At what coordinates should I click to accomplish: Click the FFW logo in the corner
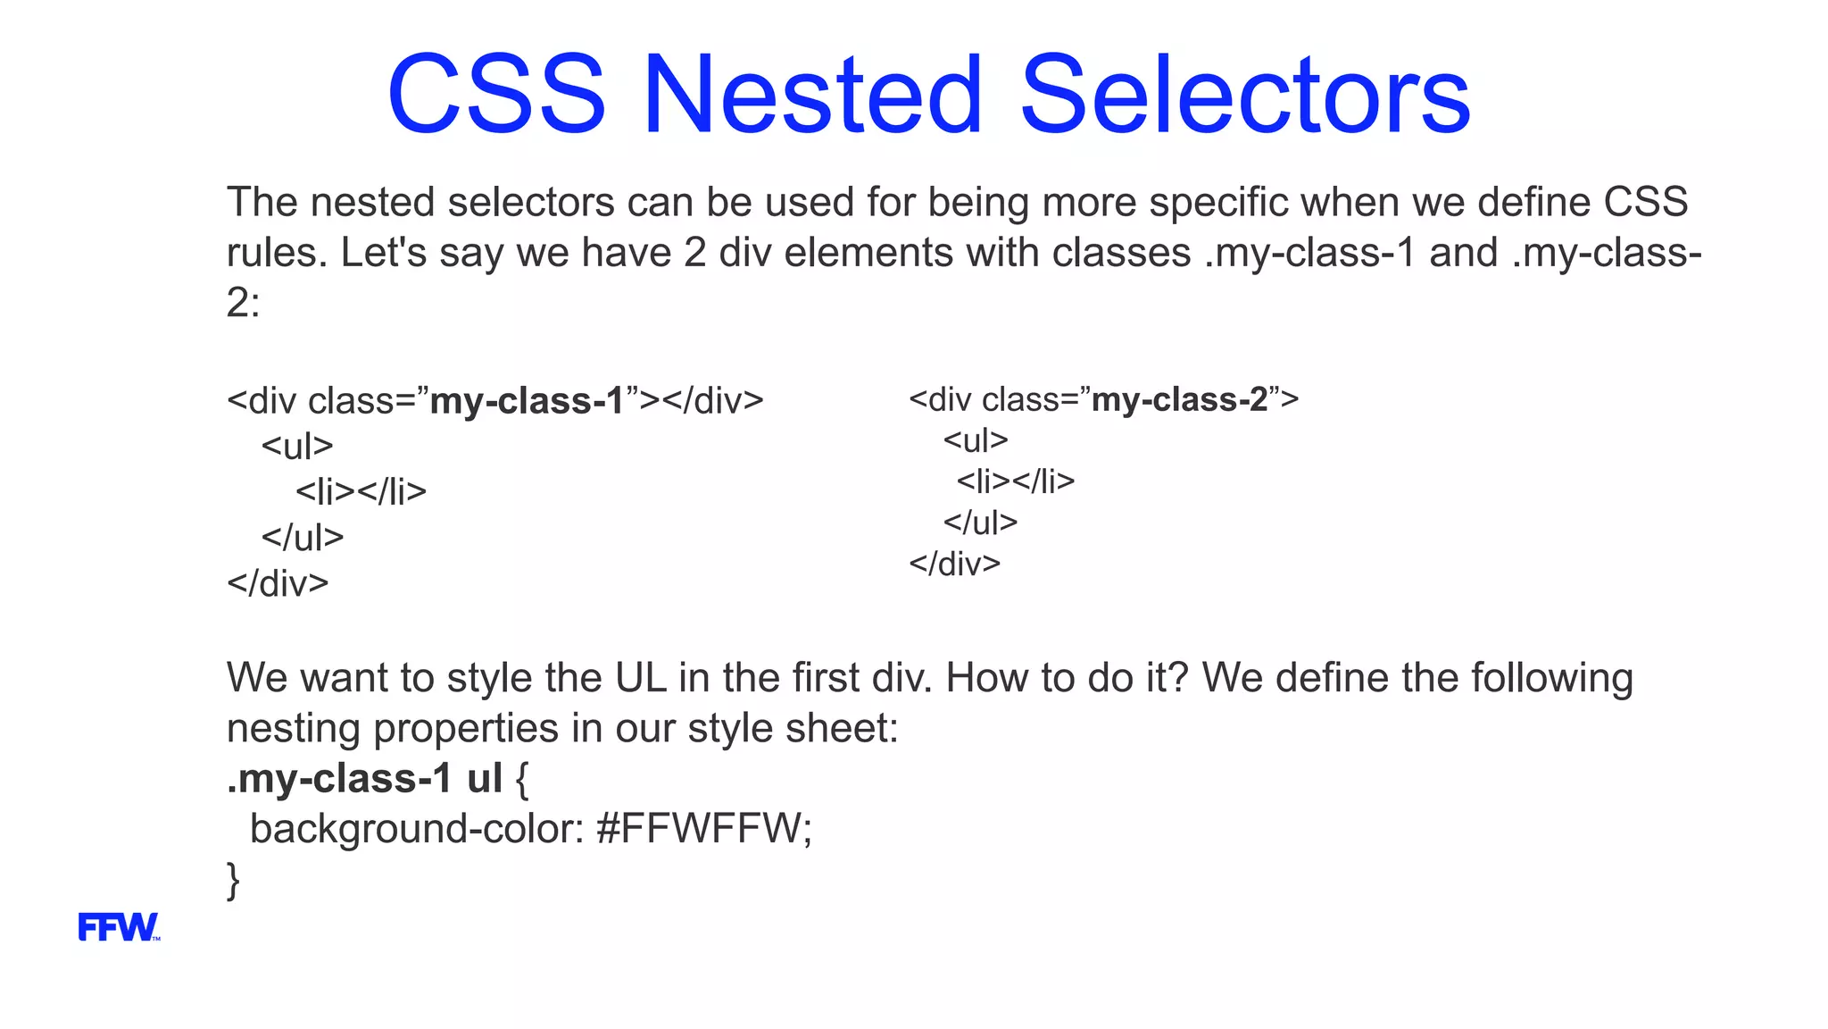click(x=119, y=927)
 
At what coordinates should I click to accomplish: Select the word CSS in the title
click(x=496, y=95)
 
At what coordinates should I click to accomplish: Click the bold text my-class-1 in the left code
click(x=527, y=401)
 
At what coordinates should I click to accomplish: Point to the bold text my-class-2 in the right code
click(x=1179, y=399)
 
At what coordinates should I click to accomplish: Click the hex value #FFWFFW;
click(x=704, y=829)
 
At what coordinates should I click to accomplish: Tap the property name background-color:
click(x=417, y=829)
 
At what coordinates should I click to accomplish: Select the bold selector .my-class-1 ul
click(x=365, y=779)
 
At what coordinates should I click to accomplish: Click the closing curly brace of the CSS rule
click(x=234, y=881)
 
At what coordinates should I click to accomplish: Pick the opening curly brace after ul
click(x=522, y=779)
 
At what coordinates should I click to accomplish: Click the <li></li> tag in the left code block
click(x=361, y=492)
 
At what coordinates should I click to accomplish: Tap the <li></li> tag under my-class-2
click(x=1016, y=481)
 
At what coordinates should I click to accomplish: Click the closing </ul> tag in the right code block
click(x=980, y=523)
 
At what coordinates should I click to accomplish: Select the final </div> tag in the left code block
click(x=278, y=583)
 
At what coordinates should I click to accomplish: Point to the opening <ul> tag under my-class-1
click(x=297, y=446)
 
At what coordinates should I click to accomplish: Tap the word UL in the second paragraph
click(x=641, y=678)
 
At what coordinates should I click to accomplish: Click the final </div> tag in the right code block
click(x=955, y=564)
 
